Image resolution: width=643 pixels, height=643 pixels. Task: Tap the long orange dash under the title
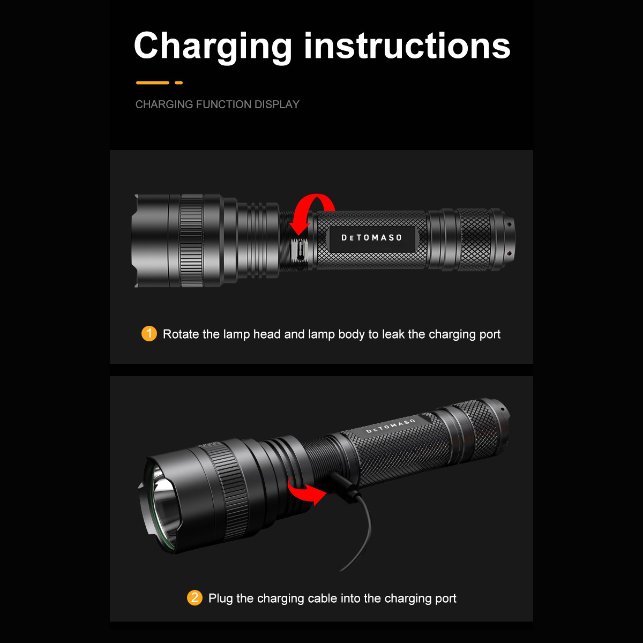click(x=153, y=83)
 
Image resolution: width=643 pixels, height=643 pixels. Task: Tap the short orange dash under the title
click(x=179, y=83)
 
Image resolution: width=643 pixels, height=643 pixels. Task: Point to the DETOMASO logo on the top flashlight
click(x=372, y=237)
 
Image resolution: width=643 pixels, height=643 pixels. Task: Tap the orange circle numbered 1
click(x=149, y=334)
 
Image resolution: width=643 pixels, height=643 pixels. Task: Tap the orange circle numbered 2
click(x=195, y=598)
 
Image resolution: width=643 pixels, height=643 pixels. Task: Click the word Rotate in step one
click(x=181, y=334)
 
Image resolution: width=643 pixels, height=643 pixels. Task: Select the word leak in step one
click(x=393, y=334)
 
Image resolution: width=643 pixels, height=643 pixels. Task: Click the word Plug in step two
click(x=220, y=599)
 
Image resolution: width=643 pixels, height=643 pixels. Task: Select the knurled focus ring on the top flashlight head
click(x=191, y=241)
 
